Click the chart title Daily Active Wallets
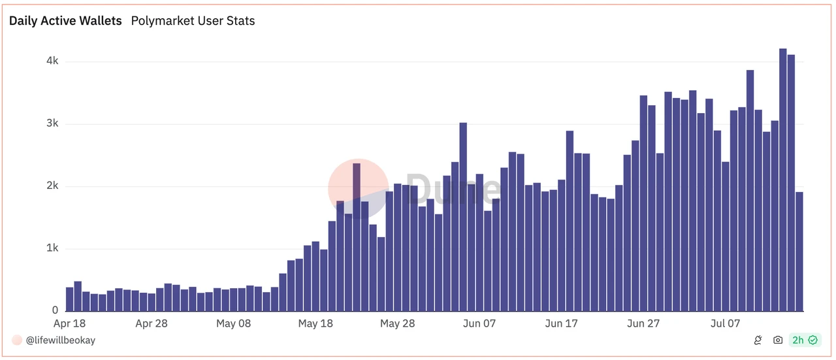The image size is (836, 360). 65,21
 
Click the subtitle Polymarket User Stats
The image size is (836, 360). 193,21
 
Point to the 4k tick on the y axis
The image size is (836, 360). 52,61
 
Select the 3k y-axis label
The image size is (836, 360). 52,123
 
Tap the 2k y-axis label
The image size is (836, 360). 52,186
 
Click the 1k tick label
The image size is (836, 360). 52,248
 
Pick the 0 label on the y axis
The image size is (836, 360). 56,310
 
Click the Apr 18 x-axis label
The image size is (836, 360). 69,323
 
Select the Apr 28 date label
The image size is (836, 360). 152,323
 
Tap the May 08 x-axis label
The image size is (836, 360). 233,323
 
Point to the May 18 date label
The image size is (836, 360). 315,323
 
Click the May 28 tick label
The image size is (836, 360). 397,323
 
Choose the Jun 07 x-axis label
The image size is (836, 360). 480,323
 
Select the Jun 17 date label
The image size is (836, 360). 562,323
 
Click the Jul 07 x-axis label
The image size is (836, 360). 726,323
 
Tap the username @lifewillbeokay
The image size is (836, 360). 60,340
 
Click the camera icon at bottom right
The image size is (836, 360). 778,340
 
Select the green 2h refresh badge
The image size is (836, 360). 804,340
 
